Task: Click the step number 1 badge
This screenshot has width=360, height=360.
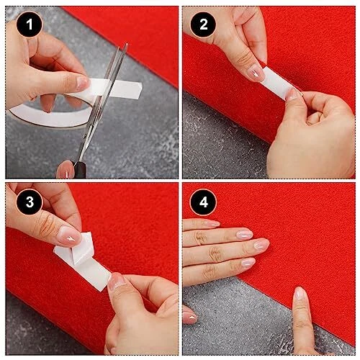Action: [x=30, y=24]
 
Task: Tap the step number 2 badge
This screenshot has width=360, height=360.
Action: [x=203, y=24]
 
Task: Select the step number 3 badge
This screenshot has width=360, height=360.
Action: [x=30, y=202]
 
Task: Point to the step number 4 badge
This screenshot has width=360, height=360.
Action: [x=203, y=202]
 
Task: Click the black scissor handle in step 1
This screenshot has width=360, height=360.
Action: [x=80, y=170]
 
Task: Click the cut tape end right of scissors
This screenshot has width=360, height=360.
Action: [x=127, y=90]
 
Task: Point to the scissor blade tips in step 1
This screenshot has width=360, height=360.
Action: [x=125, y=45]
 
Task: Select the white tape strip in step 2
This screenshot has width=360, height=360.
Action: [x=276, y=82]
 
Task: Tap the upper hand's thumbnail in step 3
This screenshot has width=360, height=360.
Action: [x=70, y=235]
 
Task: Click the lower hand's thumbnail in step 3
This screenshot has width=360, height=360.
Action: [x=116, y=280]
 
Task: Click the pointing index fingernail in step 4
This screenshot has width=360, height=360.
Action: [x=299, y=293]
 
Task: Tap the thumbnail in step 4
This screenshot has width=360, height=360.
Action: [x=191, y=318]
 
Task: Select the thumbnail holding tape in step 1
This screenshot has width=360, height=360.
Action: [x=82, y=83]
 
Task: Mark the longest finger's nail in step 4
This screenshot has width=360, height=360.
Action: [x=261, y=244]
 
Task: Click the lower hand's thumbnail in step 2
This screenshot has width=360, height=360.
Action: [x=292, y=94]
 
